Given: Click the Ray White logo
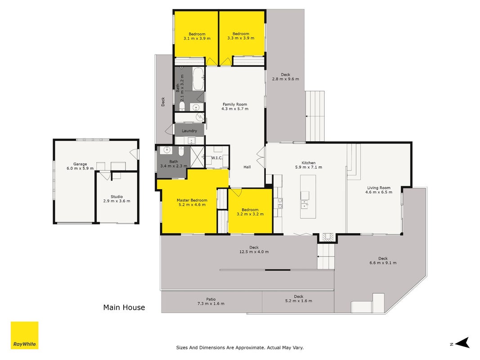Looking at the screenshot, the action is (x=24, y=335).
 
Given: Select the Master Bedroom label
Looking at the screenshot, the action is (x=192, y=200).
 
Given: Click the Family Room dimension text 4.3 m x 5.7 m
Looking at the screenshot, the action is (x=235, y=108).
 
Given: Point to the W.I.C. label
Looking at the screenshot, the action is (x=217, y=158).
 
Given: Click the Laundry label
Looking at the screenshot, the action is (x=189, y=130).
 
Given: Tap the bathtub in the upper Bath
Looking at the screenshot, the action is (x=198, y=79).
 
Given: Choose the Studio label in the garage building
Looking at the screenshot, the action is (x=117, y=197).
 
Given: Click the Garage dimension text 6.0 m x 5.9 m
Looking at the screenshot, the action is (x=80, y=168).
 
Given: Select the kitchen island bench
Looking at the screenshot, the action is (x=308, y=197).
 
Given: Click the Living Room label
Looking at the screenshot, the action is (x=379, y=188).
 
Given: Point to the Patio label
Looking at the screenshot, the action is (x=211, y=299).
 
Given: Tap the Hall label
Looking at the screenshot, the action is (x=247, y=167).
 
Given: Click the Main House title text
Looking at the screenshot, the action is (x=124, y=307).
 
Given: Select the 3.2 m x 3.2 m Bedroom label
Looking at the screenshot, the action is (x=250, y=212).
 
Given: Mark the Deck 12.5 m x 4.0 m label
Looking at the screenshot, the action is (x=254, y=249).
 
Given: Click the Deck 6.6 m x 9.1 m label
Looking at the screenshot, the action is (x=383, y=261).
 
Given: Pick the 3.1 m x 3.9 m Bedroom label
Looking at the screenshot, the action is (x=197, y=36).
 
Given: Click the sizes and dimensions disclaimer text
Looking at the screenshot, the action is (x=240, y=347).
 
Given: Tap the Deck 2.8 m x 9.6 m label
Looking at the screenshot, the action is (x=286, y=76).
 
